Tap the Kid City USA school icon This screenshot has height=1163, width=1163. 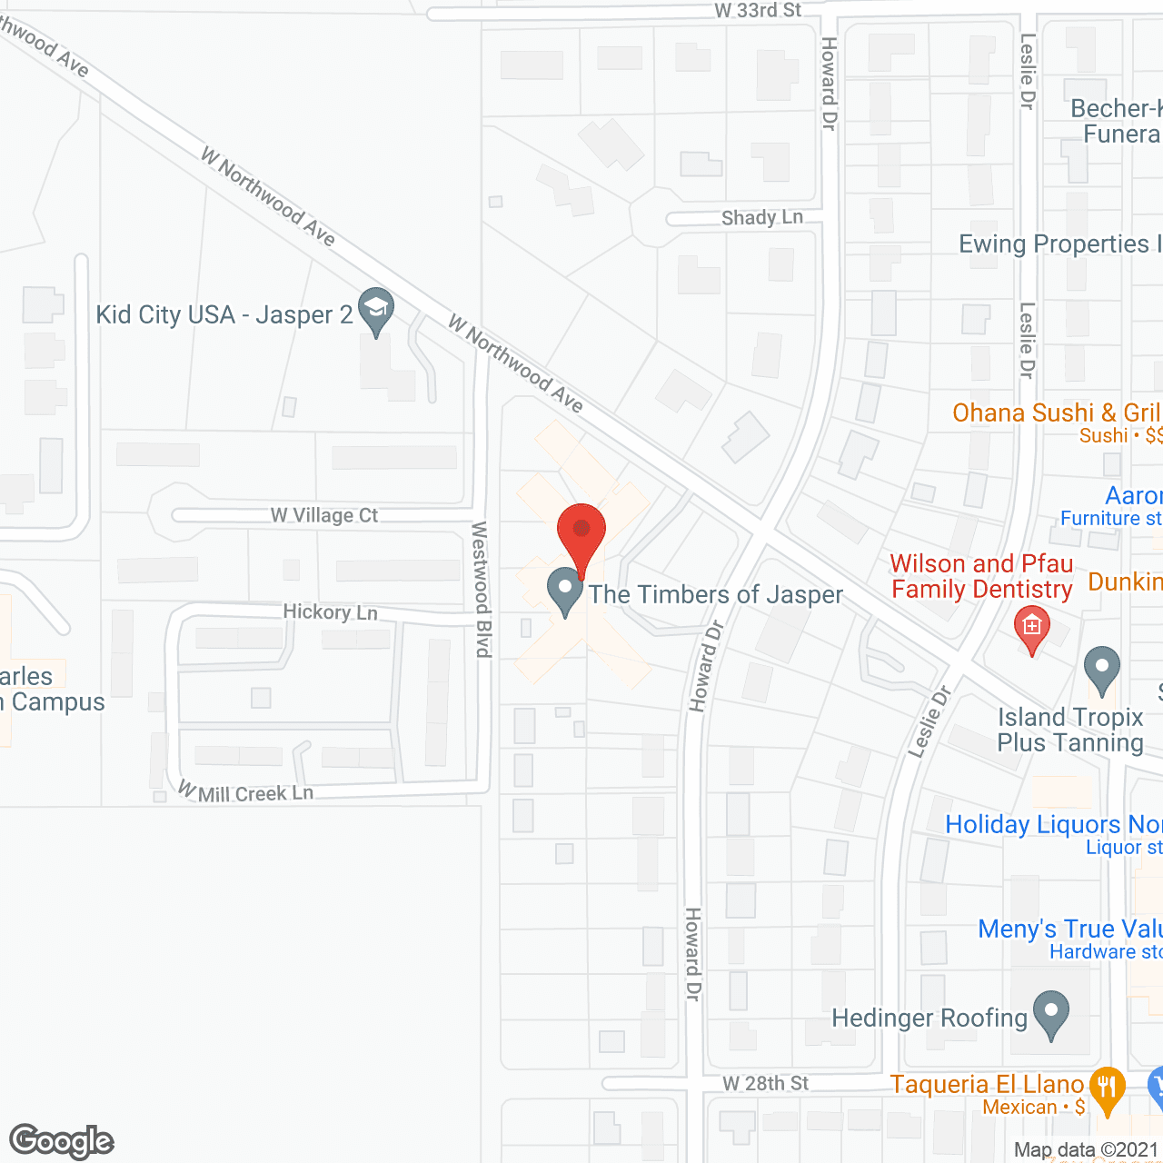[375, 309]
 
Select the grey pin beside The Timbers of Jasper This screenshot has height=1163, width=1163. [565, 591]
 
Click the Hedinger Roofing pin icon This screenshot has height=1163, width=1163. [1051, 1013]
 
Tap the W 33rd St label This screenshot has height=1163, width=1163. [758, 11]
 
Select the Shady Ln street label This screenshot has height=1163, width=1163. [762, 218]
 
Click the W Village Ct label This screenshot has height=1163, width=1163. [324, 515]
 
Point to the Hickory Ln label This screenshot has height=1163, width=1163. [330, 612]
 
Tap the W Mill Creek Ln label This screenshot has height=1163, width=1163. [246, 793]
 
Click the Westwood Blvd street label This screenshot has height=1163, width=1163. [482, 589]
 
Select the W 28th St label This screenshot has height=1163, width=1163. [765, 1084]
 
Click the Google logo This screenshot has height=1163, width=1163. [62, 1141]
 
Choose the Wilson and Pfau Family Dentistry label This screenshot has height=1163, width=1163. [981, 577]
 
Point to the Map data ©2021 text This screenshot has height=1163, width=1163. [1087, 1150]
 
